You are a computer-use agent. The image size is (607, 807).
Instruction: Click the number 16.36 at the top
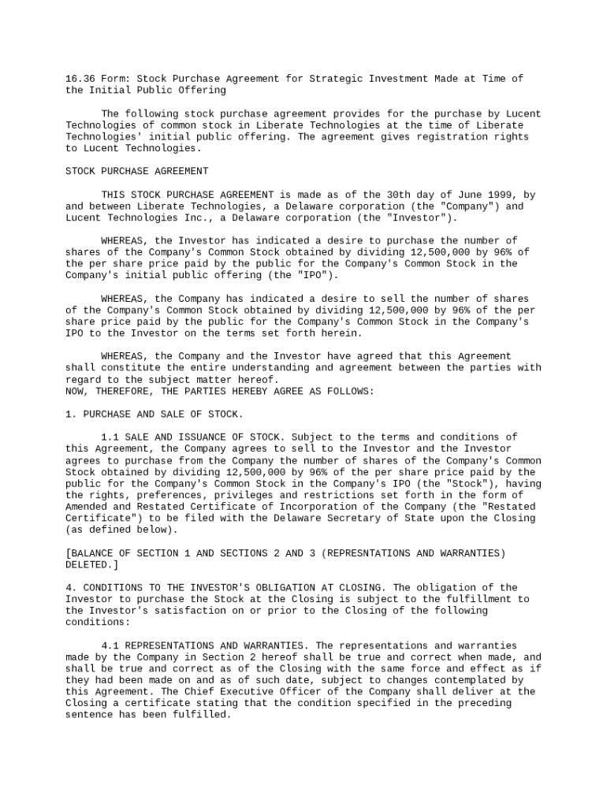pyautogui.click(x=80, y=79)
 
